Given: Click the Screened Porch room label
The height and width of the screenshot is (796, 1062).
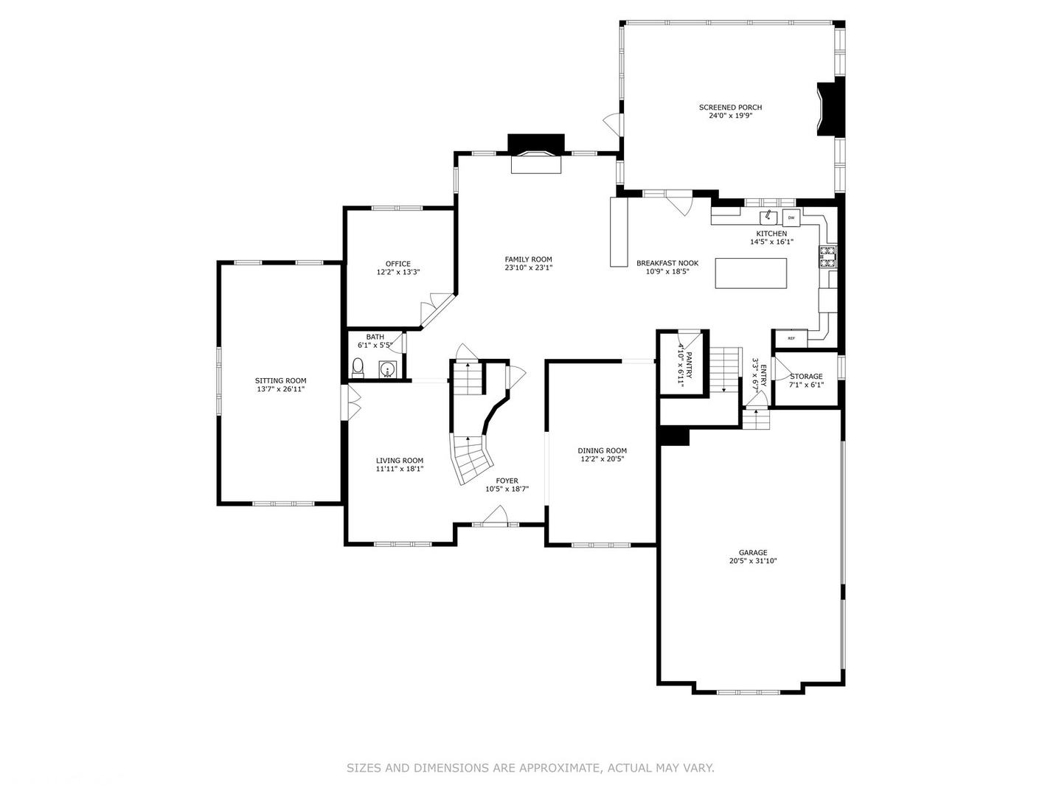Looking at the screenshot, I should (x=730, y=108).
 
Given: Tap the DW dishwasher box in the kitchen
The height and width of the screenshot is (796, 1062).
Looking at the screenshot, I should (x=791, y=217).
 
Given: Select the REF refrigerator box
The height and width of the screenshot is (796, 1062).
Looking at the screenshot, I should (x=791, y=338).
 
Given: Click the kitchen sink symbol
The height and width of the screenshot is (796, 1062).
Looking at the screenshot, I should (x=768, y=217).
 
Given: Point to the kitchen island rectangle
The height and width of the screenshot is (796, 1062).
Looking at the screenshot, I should (x=751, y=273).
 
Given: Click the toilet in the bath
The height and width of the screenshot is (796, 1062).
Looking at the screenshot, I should (x=358, y=367).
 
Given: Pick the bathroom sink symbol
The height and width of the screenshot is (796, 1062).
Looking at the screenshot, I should (x=386, y=369).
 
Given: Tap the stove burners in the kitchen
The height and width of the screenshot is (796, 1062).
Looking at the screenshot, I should (x=827, y=256).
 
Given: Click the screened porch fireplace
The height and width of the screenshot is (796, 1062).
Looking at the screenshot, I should (x=830, y=109).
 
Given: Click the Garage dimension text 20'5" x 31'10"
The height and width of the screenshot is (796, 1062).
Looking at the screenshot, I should (x=753, y=561).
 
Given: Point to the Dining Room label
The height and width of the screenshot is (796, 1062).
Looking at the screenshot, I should (x=602, y=450).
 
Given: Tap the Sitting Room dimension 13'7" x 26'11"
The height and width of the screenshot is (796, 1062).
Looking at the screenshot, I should (x=280, y=389).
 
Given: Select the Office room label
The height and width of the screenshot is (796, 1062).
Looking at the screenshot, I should (x=398, y=264).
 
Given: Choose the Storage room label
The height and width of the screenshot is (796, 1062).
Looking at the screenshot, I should (x=806, y=377).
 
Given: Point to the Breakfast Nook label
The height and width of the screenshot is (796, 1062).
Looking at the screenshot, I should (x=667, y=263).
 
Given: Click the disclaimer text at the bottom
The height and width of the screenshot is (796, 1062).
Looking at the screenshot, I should (x=530, y=768).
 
